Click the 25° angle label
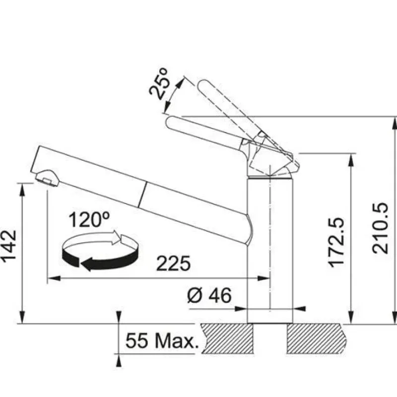pos(159,84)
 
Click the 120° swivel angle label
pos(89,219)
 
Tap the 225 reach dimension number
pos(173,264)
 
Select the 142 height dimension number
pos(9,246)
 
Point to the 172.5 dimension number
pos(336,242)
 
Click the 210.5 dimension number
pos(380,228)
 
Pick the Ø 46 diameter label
pos(209,295)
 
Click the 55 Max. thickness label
pos(163,340)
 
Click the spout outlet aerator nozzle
pos(47,178)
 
